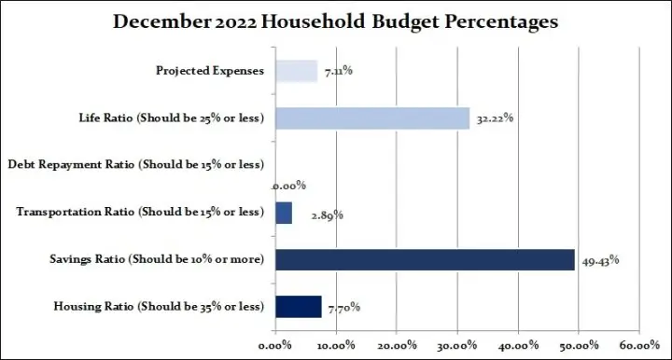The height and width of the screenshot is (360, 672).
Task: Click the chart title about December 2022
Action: pyautogui.click(x=336, y=21)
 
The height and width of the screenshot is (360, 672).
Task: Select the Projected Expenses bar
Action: pyautogui.click(x=296, y=72)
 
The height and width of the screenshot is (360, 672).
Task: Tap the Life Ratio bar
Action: pyautogui.click(x=372, y=118)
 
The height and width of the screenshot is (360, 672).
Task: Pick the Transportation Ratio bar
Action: pyautogui.click(x=284, y=213)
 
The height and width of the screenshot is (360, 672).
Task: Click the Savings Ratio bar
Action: pyautogui.click(x=425, y=259)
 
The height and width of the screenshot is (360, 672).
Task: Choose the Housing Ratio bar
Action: pyautogui.click(x=299, y=306)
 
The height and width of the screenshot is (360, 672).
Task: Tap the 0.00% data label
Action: pyautogui.click(x=289, y=186)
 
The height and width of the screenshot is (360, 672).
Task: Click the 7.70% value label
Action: pyautogui.click(x=343, y=308)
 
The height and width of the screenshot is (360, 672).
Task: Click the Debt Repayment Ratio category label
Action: pyautogui.click(x=136, y=165)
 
